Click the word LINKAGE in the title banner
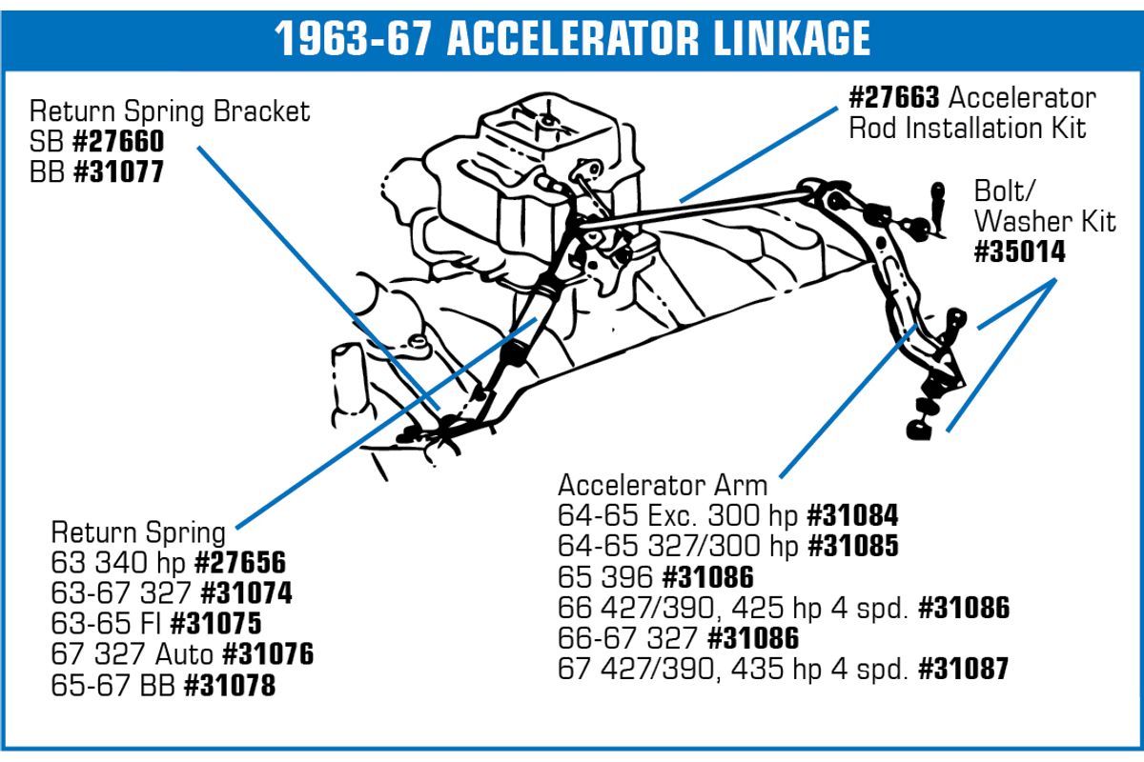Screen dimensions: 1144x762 click(791, 38)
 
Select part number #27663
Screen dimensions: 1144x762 click(894, 97)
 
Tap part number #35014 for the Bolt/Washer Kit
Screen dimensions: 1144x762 click(1020, 251)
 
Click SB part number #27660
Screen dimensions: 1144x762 click(118, 141)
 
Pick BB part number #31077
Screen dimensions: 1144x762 click(118, 171)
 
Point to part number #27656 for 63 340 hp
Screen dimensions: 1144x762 click(240, 562)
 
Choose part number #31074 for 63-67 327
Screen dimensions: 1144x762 click(247, 593)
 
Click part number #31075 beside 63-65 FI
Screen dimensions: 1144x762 click(216, 623)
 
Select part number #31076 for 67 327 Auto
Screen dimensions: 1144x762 click(269, 653)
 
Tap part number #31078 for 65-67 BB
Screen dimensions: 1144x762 click(230, 685)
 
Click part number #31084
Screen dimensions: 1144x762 click(852, 515)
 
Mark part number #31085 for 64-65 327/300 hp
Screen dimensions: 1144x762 click(853, 546)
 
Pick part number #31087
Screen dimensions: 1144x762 click(964, 669)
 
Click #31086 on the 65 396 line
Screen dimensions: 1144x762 click(707, 577)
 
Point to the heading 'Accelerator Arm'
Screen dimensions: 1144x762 click(663, 485)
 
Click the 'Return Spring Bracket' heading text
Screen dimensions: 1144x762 click(170, 111)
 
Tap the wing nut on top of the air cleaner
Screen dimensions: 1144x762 click(547, 120)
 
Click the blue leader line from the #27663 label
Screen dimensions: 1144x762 click(759, 154)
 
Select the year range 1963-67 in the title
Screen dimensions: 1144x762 click(353, 38)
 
